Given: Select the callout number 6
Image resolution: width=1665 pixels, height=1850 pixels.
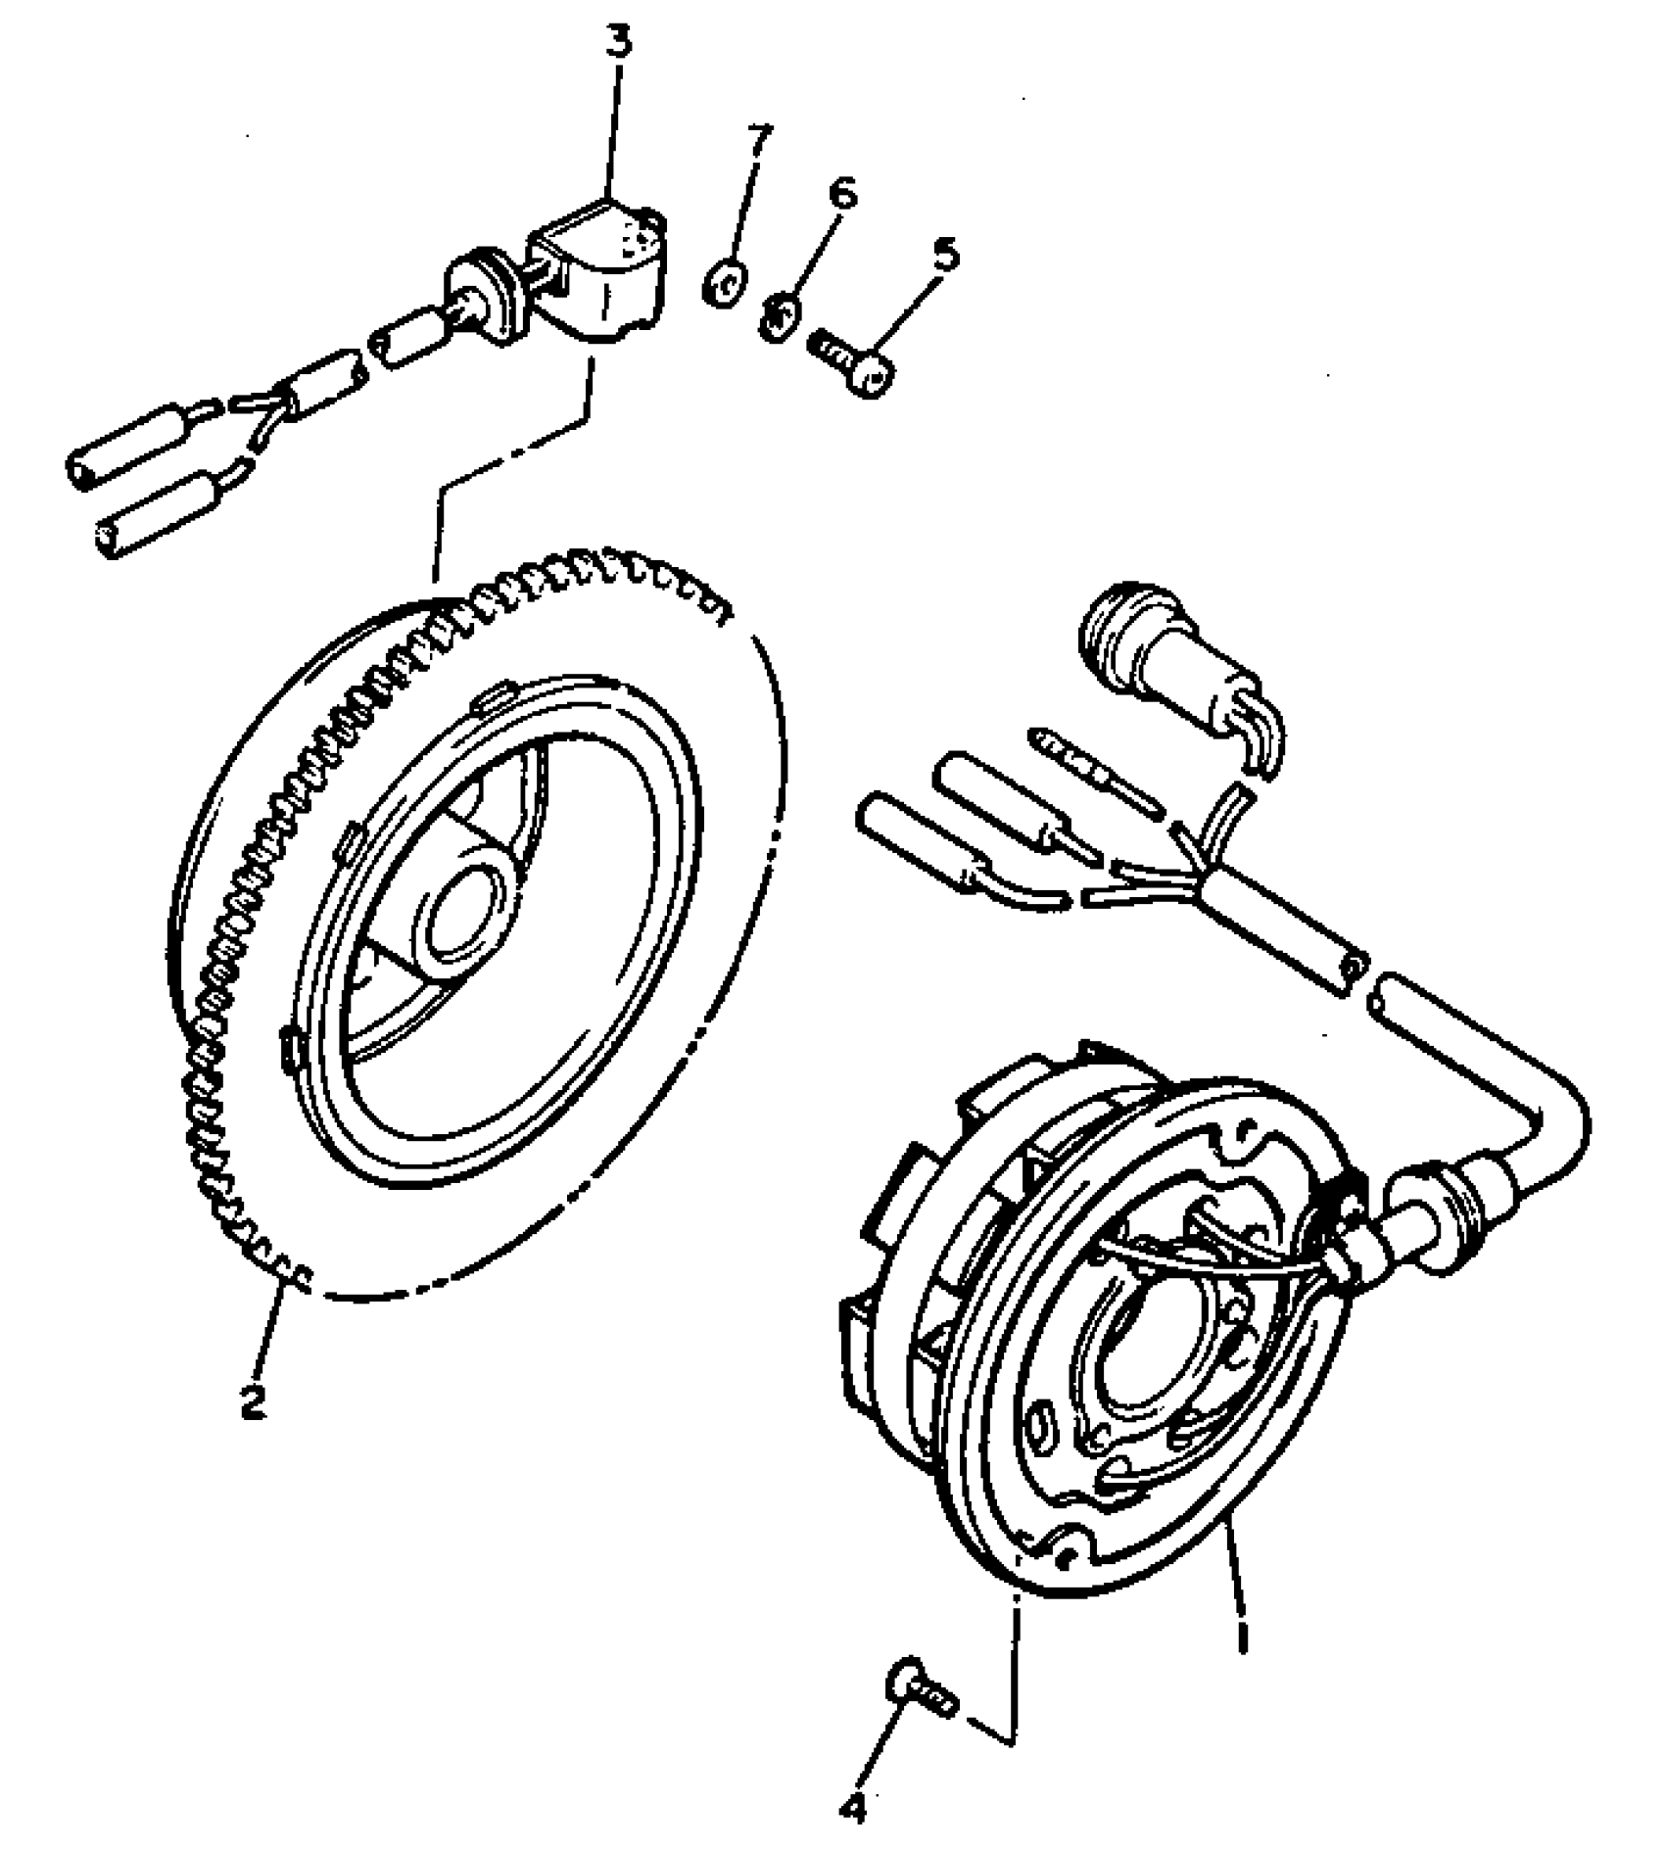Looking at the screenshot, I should click(x=842, y=192).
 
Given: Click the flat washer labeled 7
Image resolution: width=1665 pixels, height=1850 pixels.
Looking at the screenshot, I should click(x=724, y=285).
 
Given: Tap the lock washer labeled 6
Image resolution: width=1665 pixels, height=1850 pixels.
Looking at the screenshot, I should click(x=781, y=316).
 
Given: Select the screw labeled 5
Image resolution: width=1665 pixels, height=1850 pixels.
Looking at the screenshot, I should click(x=857, y=364).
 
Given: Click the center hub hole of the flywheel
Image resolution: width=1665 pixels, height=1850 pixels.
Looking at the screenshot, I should click(x=459, y=913).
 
